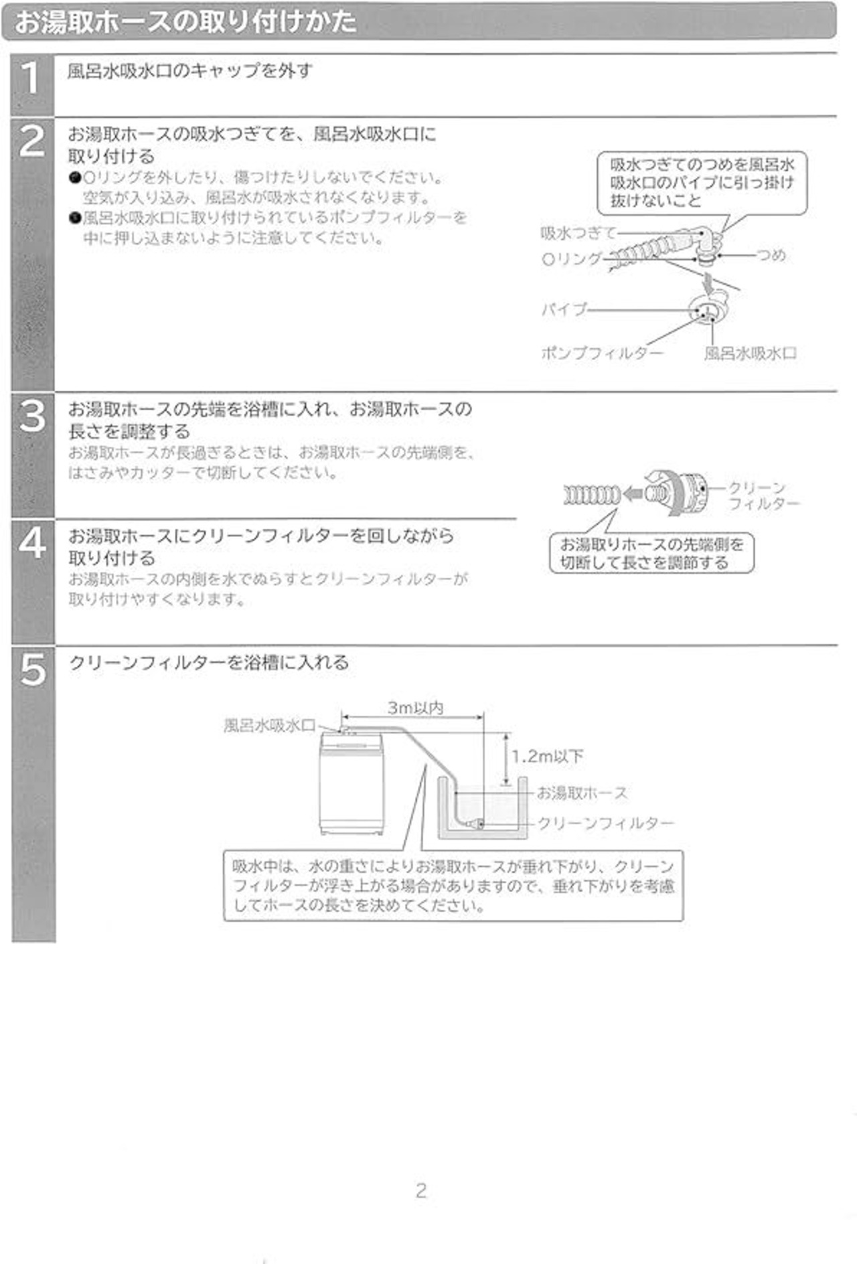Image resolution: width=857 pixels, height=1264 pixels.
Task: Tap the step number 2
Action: point(32,141)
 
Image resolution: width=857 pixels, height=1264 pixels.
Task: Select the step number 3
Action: point(32,416)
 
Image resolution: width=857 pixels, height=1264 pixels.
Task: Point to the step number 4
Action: point(32,543)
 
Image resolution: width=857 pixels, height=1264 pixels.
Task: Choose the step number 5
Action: point(32,669)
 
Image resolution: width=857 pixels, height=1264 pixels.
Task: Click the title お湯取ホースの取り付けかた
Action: point(185,21)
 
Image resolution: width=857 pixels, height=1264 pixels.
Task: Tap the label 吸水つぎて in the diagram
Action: point(578,233)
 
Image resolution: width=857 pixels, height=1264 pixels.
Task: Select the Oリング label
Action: point(572,258)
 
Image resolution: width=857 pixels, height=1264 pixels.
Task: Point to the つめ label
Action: point(771,255)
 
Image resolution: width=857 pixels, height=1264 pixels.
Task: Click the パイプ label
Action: point(564,309)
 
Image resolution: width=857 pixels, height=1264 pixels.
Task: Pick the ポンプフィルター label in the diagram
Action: point(602,353)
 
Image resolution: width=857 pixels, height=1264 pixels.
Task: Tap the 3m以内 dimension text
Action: point(415,708)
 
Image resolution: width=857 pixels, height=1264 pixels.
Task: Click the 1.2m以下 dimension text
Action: point(548,757)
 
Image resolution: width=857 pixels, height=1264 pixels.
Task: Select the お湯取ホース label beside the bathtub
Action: point(582,793)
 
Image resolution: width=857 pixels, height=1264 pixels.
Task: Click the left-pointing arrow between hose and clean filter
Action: point(633,494)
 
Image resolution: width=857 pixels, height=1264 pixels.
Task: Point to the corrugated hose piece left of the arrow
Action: point(592,495)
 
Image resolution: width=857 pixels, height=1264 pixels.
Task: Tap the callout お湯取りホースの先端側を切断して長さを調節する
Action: point(651,553)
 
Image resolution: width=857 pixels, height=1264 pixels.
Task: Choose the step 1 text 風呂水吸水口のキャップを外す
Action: point(190,70)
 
